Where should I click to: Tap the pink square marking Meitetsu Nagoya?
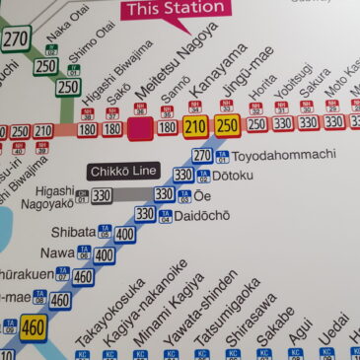click(x=142, y=128)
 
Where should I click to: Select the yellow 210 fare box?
click(x=195, y=125)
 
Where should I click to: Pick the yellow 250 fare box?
click(x=227, y=124)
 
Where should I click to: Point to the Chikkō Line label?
click(x=122, y=171)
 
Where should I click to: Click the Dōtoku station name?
click(x=235, y=176)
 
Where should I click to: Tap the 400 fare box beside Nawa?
click(x=104, y=254)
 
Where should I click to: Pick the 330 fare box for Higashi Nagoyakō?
click(x=102, y=196)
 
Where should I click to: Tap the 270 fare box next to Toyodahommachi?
click(x=202, y=155)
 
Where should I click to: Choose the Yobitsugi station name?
click(x=289, y=83)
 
